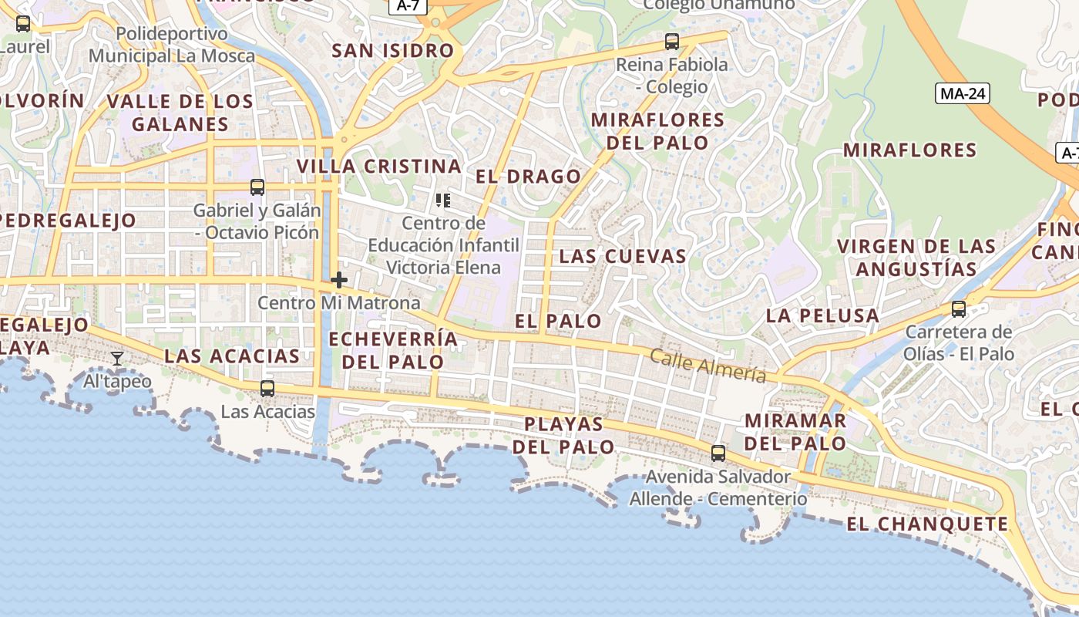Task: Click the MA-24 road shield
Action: point(963,93)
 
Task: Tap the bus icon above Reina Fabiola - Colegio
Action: point(672,42)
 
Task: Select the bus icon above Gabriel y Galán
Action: point(257,187)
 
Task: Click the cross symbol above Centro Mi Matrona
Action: point(338,280)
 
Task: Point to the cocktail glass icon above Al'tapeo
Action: point(117,359)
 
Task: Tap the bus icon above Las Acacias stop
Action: point(267,389)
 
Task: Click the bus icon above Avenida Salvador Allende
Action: point(718,453)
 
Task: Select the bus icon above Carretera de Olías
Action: point(959,309)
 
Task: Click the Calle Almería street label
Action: point(708,366)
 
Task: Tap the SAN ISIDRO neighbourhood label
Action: point(393,51)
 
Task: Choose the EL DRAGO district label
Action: point(528,177)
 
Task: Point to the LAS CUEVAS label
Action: point(623,257)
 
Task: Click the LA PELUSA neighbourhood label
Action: point(822,315)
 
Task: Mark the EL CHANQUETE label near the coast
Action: point(927,524)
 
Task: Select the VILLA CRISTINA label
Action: point(379,167)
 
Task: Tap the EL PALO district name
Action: point(558,321)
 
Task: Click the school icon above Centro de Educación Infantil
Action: point(443,201)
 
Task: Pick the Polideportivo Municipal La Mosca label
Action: point(172,45)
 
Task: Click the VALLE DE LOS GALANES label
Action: point(180,113)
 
